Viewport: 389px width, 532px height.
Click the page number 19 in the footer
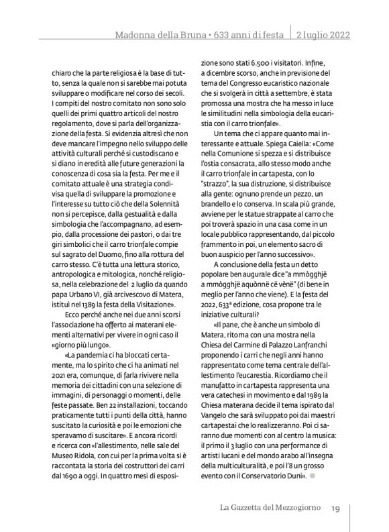tap(336, 507)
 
